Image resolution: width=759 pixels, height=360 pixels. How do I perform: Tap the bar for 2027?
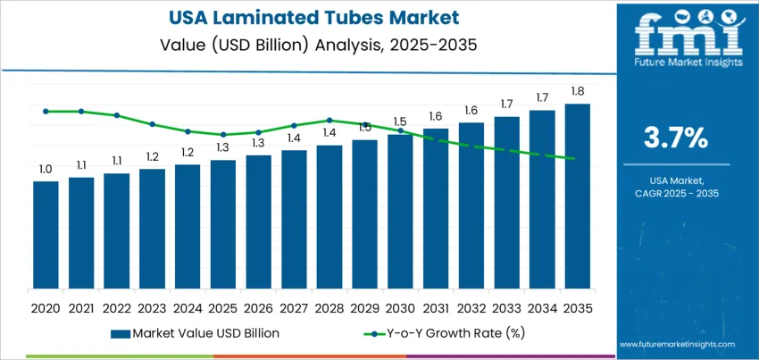click(x=294, y=222)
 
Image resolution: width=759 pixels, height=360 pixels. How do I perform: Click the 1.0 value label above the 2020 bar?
click(x=46, y=169)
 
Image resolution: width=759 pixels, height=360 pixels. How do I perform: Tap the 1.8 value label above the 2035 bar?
click(x=578, y=91)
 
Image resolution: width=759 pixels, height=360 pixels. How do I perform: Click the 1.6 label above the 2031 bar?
click(x=436, y=116)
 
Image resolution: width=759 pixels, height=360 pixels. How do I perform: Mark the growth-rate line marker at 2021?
click(x=81, y=112)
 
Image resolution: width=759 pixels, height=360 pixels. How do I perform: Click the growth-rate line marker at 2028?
click(x=329, y=120)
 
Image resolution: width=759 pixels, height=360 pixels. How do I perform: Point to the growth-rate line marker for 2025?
click(x=223, y=135)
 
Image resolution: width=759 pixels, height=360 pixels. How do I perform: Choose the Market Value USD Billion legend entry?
click(x=196, y=333)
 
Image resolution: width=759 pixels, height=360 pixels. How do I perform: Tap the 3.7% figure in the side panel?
click(x=676, y=138)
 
